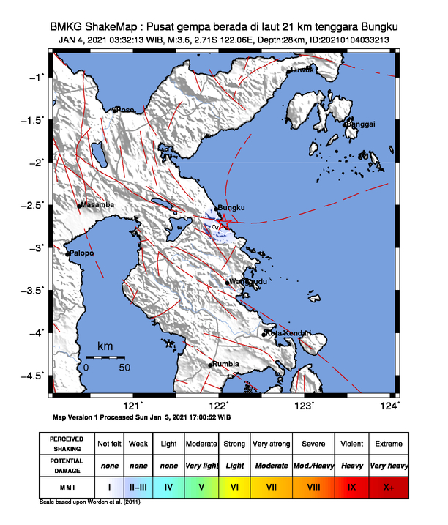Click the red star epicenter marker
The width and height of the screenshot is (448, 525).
[x=225, y=221]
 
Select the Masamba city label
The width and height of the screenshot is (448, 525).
[x=98, y=205]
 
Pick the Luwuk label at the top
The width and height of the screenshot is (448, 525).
[x=302, y=70]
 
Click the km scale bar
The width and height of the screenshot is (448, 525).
[x=105, y=357]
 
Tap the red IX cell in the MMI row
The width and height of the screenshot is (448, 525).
[x=351, y=485]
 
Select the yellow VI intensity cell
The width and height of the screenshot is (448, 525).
[x=234, y=485]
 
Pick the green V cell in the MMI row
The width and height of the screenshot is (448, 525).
[x=201, y=485]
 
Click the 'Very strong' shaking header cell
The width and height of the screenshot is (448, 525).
[x=272, y=444]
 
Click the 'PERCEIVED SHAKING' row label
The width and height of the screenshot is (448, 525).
[x=67, y=444]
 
